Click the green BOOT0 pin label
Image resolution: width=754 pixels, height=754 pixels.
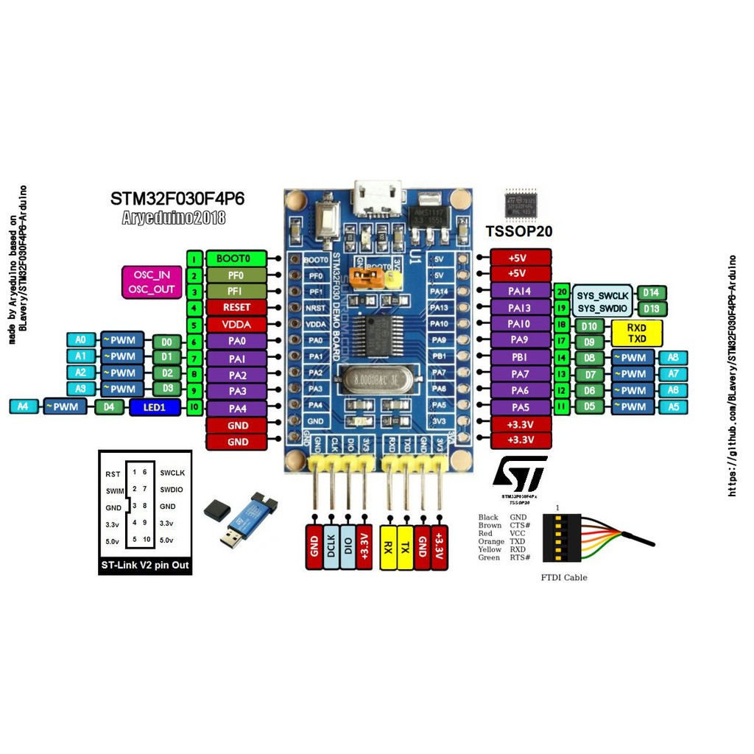pos(238,258)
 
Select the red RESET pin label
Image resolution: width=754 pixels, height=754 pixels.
pos(238,307)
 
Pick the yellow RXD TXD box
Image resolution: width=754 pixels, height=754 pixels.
pos(637,333)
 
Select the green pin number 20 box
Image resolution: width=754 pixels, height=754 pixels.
pos(562,292)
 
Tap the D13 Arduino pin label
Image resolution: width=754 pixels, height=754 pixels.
pos(652,309)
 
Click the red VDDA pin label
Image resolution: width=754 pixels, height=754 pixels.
pos(238,324)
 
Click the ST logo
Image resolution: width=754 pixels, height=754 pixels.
pos(520,473)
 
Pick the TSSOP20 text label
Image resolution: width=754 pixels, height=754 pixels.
pos(519,231)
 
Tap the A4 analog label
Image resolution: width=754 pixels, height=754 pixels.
pos(23,406)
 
